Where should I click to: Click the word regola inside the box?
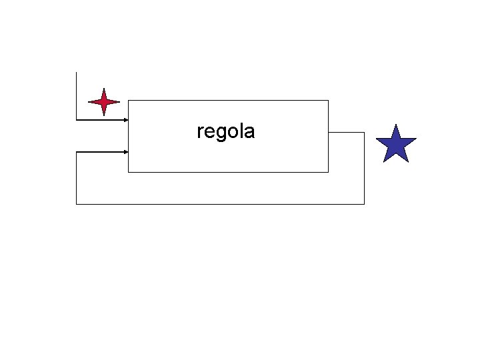click(225, 131)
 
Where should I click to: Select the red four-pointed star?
click(104, 103)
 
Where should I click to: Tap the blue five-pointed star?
click(396, 145)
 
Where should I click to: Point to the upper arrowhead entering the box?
click(125, 120)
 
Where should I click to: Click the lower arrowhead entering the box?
click(125, 152)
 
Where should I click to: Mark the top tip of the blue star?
click(396, 125)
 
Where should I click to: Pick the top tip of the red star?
click(104, 88)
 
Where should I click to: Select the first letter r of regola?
click(200, 132)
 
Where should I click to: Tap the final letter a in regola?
click(249, 132)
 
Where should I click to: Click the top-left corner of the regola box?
click(128, 100)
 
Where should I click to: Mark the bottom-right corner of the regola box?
click(329, 172)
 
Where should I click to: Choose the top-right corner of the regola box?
click(329, 100)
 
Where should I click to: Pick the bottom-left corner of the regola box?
click(128, 172)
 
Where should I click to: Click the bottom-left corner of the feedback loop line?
click(77, 203)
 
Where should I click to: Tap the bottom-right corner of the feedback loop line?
click(364, 203)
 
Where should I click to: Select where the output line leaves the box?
click(329, 132)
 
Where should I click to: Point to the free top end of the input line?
click(77, 72)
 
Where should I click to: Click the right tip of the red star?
click(119, 103)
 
